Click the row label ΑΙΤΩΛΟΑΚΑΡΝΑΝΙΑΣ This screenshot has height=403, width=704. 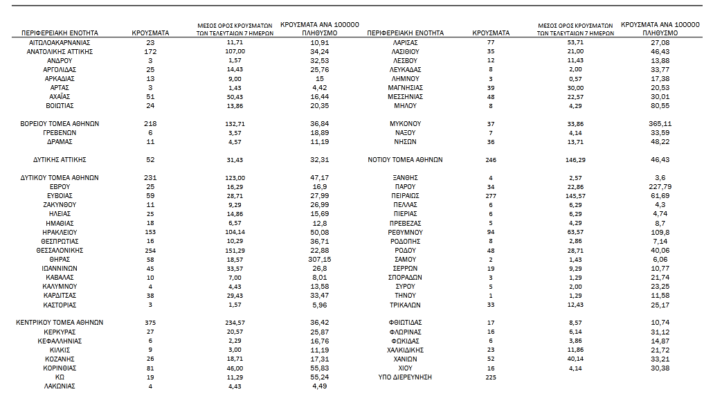[x=60, y=43]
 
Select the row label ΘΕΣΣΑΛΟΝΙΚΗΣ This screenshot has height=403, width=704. [x=60, y=250]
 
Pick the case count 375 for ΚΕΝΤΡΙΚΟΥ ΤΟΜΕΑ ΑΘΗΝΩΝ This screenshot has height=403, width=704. [x=151, y=323]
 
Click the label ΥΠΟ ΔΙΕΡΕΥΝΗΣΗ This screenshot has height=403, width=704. [x=405, y=377]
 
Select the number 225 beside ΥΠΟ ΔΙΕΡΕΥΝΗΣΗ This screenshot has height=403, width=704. [x=491, y=377]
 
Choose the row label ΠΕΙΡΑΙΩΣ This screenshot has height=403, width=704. [x=405, y=196]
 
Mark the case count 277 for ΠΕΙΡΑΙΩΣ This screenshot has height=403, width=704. [x=491, y=196]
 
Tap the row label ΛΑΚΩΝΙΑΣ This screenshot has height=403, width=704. [x=60, y=386]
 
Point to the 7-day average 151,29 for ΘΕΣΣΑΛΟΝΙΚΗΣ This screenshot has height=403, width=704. [x=235, y=250]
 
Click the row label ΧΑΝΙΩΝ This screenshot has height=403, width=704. [x=405, y=359]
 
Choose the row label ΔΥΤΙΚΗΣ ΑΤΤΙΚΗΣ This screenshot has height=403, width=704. [x=60, y=160]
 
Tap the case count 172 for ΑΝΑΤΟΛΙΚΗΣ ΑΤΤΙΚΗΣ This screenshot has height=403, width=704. [x=151, y=52]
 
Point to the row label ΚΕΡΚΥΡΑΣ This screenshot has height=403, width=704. [x=60, y=332]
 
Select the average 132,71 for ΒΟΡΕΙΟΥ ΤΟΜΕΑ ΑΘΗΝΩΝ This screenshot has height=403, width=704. [x=235, y=124]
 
